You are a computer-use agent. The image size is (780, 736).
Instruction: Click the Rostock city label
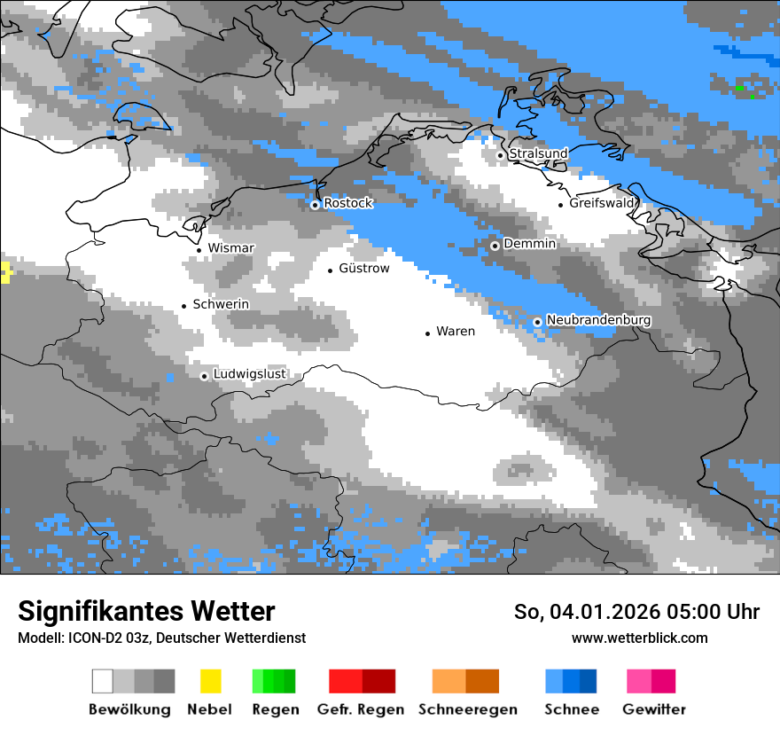coord(348,203)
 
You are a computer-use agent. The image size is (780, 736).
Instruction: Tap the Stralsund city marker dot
coord(500,155)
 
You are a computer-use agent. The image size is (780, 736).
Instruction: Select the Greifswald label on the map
coord(602,203)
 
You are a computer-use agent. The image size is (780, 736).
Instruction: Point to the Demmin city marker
coord(495,246)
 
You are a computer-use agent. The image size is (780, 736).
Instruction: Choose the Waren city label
coord(456,332)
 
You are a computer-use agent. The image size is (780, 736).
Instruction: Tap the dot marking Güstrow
coord(331,270)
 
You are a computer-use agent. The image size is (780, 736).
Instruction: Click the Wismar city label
coord(230,248)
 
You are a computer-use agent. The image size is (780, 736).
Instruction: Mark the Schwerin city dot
coord(184,306)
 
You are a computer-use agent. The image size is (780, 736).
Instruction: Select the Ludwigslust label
coord(249,374)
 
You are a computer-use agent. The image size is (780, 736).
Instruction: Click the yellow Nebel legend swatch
coord(210,681)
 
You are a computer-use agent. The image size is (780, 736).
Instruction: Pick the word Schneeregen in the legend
coord(468,709)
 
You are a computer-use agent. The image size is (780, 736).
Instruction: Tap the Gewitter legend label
coord(654,709)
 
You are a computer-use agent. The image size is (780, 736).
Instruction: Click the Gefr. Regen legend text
coord(361,709)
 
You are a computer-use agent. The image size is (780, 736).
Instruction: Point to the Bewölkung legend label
coord(129,709)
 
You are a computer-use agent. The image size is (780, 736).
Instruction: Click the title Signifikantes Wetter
coord(146,612)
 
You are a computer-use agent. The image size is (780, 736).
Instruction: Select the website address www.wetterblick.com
coord(640,638)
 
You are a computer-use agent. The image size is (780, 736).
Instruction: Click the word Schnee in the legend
coord(572,709)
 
